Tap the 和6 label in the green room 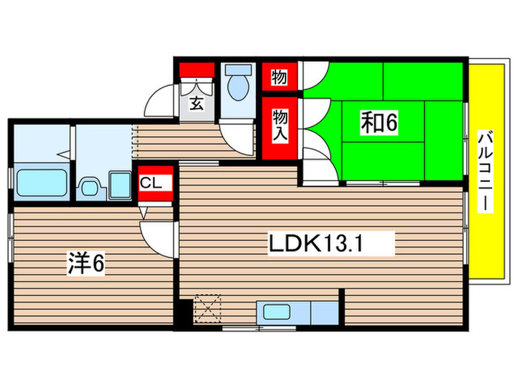(380, 123)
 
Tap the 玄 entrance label (198, 103)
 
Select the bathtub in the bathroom (41, 182)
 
